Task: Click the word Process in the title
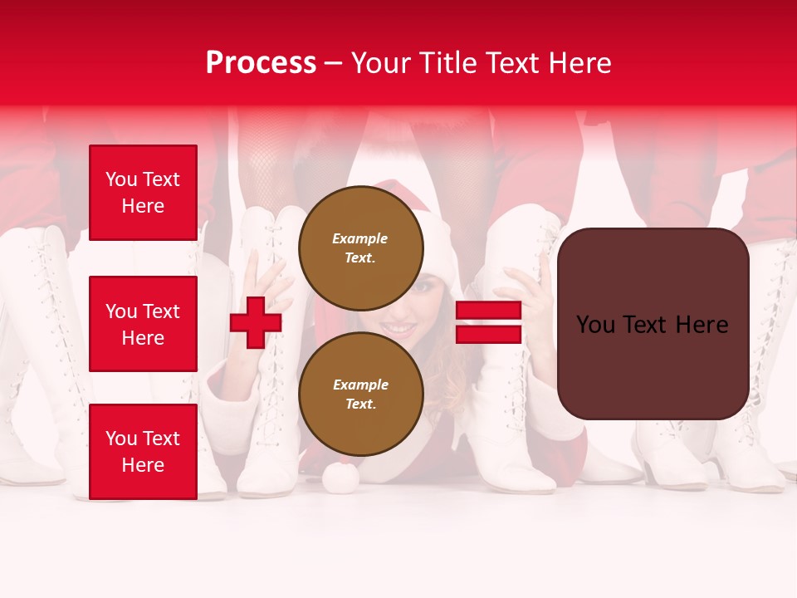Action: [x=261, y=63]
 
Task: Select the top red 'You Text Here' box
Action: [x=143, y=193]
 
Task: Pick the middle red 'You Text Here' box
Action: [x=143, y=324]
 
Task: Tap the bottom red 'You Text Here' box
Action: [x=143, y=452]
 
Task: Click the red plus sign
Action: [x=256, y=322]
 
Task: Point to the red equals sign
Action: [x=488, y=322]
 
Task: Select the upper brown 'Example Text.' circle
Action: [x=360, y=248]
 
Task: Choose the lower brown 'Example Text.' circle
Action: [x=360, y=394]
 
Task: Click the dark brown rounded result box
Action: [x=653, y=324]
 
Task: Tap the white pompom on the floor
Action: [x=340, y=477]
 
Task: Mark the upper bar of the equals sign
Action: [x=488, y=311]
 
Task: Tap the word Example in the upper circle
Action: [x=360, y=238]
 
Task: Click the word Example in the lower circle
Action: [x=360, y=385]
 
